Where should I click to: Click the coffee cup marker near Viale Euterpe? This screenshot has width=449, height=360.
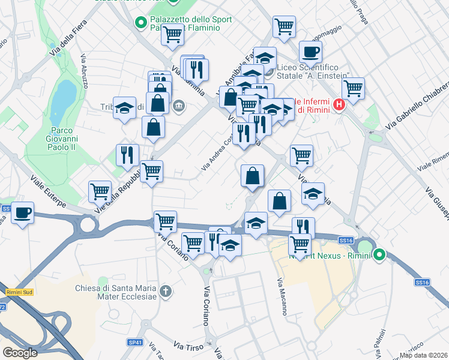[x=23, y=213]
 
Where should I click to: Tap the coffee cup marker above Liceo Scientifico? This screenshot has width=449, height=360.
[x=310, y=52]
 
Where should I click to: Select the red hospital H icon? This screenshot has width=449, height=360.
[x=339, y=105]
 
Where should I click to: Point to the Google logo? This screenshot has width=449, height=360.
[x=19, y=353]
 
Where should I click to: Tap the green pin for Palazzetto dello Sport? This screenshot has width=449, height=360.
[x=141, y=23]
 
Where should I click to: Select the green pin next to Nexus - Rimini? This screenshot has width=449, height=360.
[x=379, y=255]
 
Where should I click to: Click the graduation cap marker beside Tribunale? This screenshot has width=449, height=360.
[x=124, y=108]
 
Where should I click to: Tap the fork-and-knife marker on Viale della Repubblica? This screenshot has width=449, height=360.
[x=127, y=155]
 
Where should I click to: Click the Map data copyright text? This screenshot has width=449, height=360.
[x=423, y=355]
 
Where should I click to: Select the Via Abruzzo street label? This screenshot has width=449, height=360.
[x=85, y=71]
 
